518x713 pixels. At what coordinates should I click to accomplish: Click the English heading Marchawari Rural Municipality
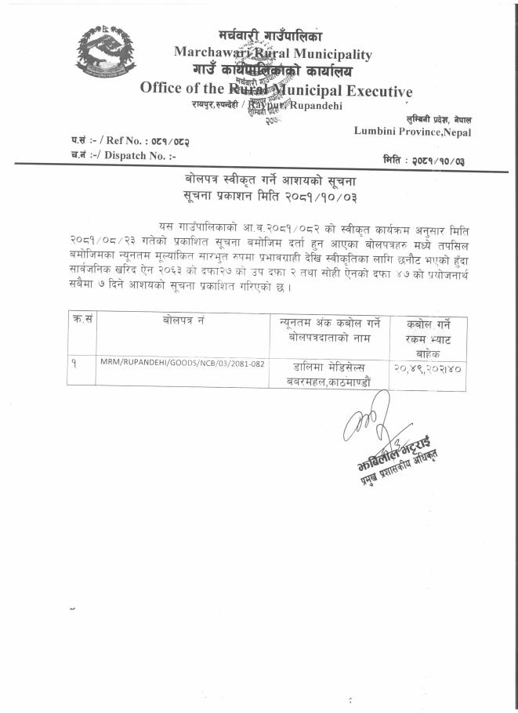273,53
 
